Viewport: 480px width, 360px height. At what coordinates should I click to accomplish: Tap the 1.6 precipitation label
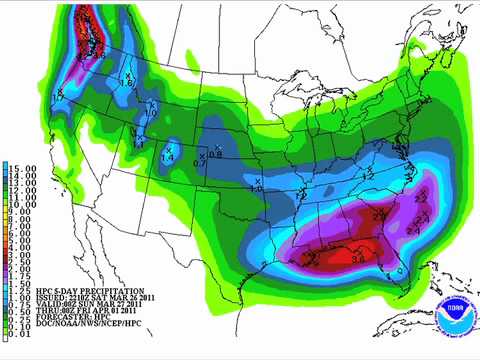point(127,82)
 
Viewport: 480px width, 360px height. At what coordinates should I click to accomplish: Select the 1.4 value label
point(168,158)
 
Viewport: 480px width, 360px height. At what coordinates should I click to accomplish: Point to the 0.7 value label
point(198,162)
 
